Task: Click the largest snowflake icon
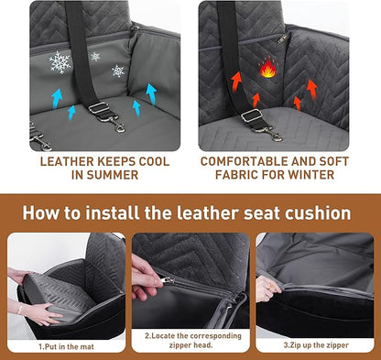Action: [x=60, y=62]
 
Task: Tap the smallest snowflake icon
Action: [x=95, y=57]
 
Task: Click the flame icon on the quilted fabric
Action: [x=267, y=69]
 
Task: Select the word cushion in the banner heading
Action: [x=316, y=213]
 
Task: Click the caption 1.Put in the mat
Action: [x=65, y=346]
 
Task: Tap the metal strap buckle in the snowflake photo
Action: [x=99, y=109]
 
